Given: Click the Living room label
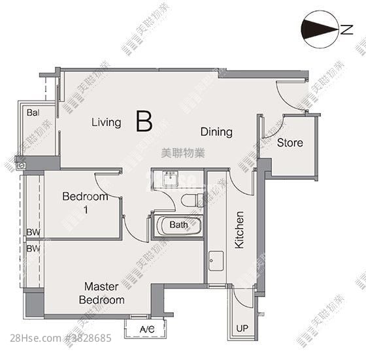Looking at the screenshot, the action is (106, 123).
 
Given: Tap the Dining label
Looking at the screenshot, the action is (216, 132).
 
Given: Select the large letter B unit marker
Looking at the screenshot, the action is (144, 121).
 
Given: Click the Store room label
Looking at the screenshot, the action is (290, 142).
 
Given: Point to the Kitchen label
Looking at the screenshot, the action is (239, 230).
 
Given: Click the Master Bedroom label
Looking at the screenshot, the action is (101, 293).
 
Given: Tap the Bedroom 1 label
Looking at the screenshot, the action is (85, 203).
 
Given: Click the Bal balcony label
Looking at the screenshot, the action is (33, 112).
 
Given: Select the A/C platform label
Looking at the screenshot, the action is (147, 329).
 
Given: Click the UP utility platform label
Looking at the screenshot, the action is (242, 329).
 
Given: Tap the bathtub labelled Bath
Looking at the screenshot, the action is (178, 226).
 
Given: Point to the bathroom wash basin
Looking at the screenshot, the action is (171, 179).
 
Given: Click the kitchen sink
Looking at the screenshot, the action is (216, 261).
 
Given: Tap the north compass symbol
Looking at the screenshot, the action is (320, 29).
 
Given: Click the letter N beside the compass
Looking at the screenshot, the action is (346, 29).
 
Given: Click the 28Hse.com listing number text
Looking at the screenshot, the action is (61, 338).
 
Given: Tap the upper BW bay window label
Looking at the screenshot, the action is (33, 232).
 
